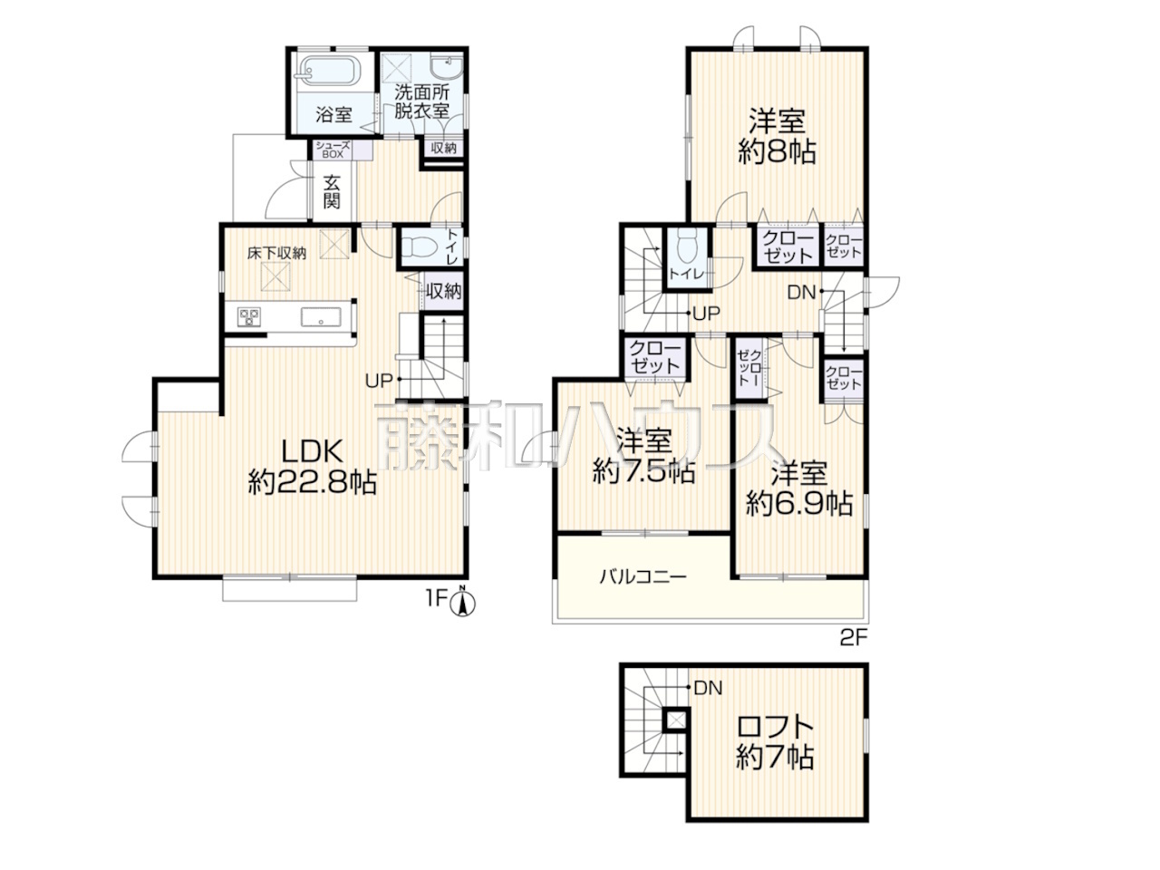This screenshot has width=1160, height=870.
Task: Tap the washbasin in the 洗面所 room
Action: click(x=447, y=68)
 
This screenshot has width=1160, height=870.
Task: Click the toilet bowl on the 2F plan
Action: click(x=687, y=247)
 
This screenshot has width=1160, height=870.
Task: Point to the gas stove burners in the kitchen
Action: click(x=249, y=316)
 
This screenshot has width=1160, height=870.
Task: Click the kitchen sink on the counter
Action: click(x=321, y=317)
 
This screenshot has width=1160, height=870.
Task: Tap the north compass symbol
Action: click(x=462, y=603)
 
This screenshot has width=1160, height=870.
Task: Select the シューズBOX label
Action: click(x=333, y=150)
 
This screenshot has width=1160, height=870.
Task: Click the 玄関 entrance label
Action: click(x=332, y=191)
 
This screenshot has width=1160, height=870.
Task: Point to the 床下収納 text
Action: click(x=276, y=253)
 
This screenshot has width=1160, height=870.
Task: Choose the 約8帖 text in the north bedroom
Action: click(x=777, y=152)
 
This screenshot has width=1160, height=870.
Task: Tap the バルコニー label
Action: click(x=643, y=576)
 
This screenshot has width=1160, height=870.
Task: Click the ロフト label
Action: click(x=775, y=728)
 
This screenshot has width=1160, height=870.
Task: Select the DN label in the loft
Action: click(x=708, y=688)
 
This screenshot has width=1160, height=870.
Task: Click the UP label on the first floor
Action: click(x=379, y=381)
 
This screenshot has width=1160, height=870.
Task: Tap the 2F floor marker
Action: click(x=854, y=638)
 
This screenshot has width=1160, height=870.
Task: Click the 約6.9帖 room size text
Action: click(x=799, y=504)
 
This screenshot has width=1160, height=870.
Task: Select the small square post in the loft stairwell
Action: click(x=676, y=720)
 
